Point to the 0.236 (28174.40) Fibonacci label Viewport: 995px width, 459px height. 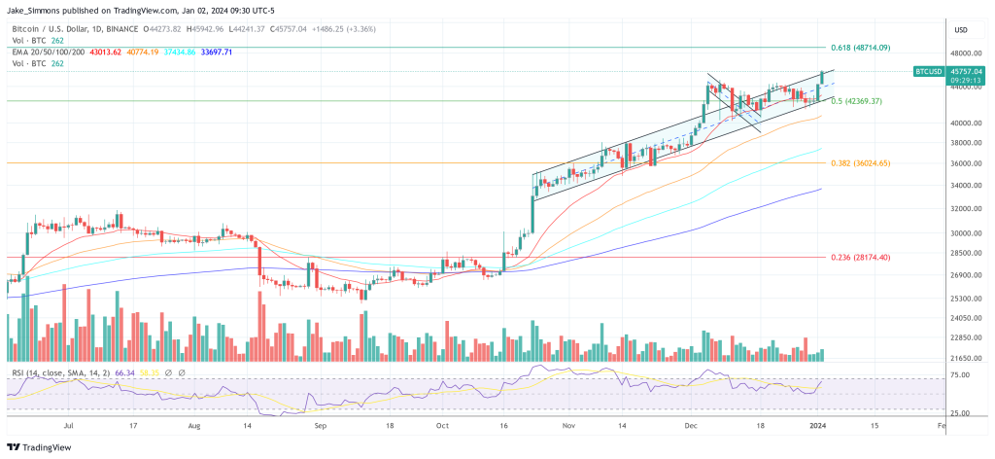pyautogui.click(x=860, y=257)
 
